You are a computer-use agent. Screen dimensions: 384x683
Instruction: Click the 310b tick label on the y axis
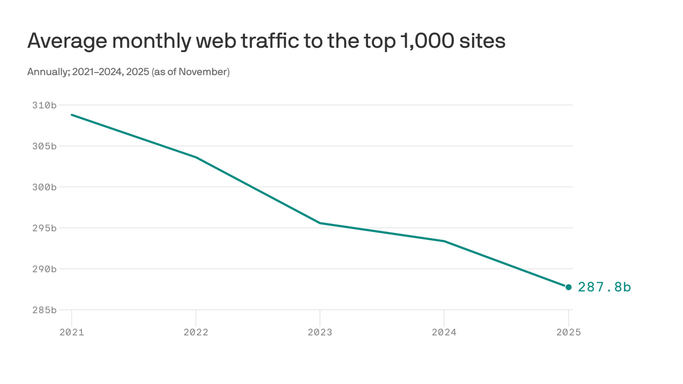pyautogui.click(x=44, y=105)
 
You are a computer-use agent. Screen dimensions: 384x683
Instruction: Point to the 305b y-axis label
pyautogui.click(x=44, y=146)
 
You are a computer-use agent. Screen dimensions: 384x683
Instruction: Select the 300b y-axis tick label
pyautogui.click(x=44, y=187)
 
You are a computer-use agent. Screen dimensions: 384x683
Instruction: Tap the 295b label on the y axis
pyautogui.click(x=44, y=228)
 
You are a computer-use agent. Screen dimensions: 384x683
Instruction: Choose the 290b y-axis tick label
pyautogui.click(x=44, y=269)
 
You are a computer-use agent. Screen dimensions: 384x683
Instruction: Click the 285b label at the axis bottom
pyautogui.click(x=44, y=310)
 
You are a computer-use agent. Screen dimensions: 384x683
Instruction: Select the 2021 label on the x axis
pyautogui.click(x=71, y=332)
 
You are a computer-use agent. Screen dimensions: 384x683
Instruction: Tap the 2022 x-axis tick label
pyautogui.click(x=195, y=332)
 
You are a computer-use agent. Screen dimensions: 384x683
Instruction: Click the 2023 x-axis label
pyautogui.click(x=320, y=332)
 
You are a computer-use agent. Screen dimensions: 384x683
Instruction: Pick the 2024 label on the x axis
pyautogui.click(x=444, y=332)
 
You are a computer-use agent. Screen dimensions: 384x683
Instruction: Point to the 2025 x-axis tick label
pyautogui.click(x=568, y=332)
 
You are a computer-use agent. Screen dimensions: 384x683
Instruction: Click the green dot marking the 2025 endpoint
pyautogui.click(x=568, y=287)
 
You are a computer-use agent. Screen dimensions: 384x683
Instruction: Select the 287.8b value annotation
pyautogui.click(x=604, y=287)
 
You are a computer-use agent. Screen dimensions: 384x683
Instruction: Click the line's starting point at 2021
pyautogui.click(x=71, y=114)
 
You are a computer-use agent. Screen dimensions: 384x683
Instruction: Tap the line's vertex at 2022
pyautogui.click(x=195, y=157)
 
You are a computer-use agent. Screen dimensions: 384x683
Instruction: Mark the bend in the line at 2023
pyautogui.click(x=320, y=223)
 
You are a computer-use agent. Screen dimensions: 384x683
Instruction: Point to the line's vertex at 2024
pyautogui.click(x=444, y=241)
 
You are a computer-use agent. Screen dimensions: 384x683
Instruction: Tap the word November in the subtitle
pyautogui.click(x=202, y=72)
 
